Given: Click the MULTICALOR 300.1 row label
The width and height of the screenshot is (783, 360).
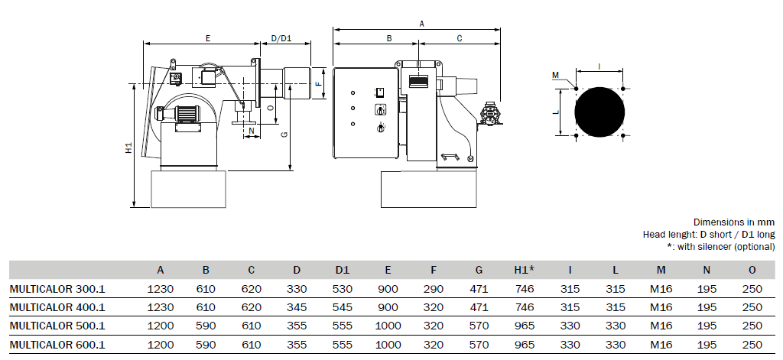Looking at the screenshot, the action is pyautogui.click(x=57, y=289).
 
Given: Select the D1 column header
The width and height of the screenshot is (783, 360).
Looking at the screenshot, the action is pyautogui.click(x=342, y=270).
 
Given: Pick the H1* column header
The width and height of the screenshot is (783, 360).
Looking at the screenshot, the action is pyautogui.click(x=525, y=270).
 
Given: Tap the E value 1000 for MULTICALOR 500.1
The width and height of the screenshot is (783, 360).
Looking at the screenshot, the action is pyautogui.click(x=388, y=326).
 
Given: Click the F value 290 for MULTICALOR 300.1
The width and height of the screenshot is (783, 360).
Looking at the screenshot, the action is pyautogui.click(x=434, y=289).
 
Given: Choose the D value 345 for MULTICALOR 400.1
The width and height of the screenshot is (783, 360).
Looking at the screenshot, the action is pyautogui.click(x=297, y=307).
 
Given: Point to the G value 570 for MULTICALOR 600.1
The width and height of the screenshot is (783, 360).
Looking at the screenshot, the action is pyautogui.click(x=479, y=345).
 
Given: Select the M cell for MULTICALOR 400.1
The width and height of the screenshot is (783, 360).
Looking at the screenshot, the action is pyautogui.click(x=661, y=307).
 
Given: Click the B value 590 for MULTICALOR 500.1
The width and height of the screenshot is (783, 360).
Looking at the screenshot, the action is pyautogui.click(x=206, y=326).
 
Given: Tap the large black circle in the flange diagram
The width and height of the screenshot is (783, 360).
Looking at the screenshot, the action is pyautogui.click(x=599, y=112).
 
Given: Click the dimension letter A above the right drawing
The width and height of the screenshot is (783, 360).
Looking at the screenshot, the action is pyautogui.click(x=421, y=24).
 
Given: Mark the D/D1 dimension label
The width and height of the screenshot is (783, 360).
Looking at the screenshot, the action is pyautogui.click(x=281, y=38).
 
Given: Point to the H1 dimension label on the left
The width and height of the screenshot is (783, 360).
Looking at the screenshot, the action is pyautogui.click(x=128, y=148).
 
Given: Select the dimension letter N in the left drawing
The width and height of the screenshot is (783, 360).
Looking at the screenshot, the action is pyautogui.click(x=251, y=131).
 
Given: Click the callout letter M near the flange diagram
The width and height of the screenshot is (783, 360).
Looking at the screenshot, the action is pyautogui.click(x=555, y=76).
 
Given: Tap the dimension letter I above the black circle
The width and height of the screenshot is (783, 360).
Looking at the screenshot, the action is pyautogui.click(x=599, y=66).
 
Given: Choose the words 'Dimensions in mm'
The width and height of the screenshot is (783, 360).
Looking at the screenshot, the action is pyautogui.click(x=734, y=222).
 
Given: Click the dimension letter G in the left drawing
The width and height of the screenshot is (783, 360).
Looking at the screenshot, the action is pyautogui.click(x=284, y=134).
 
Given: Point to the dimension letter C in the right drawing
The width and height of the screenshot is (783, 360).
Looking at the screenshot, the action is pyautogui.click(x=460, y=38).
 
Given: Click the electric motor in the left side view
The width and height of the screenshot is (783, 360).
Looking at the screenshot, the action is pyautogui.click(x=180, y=114).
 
